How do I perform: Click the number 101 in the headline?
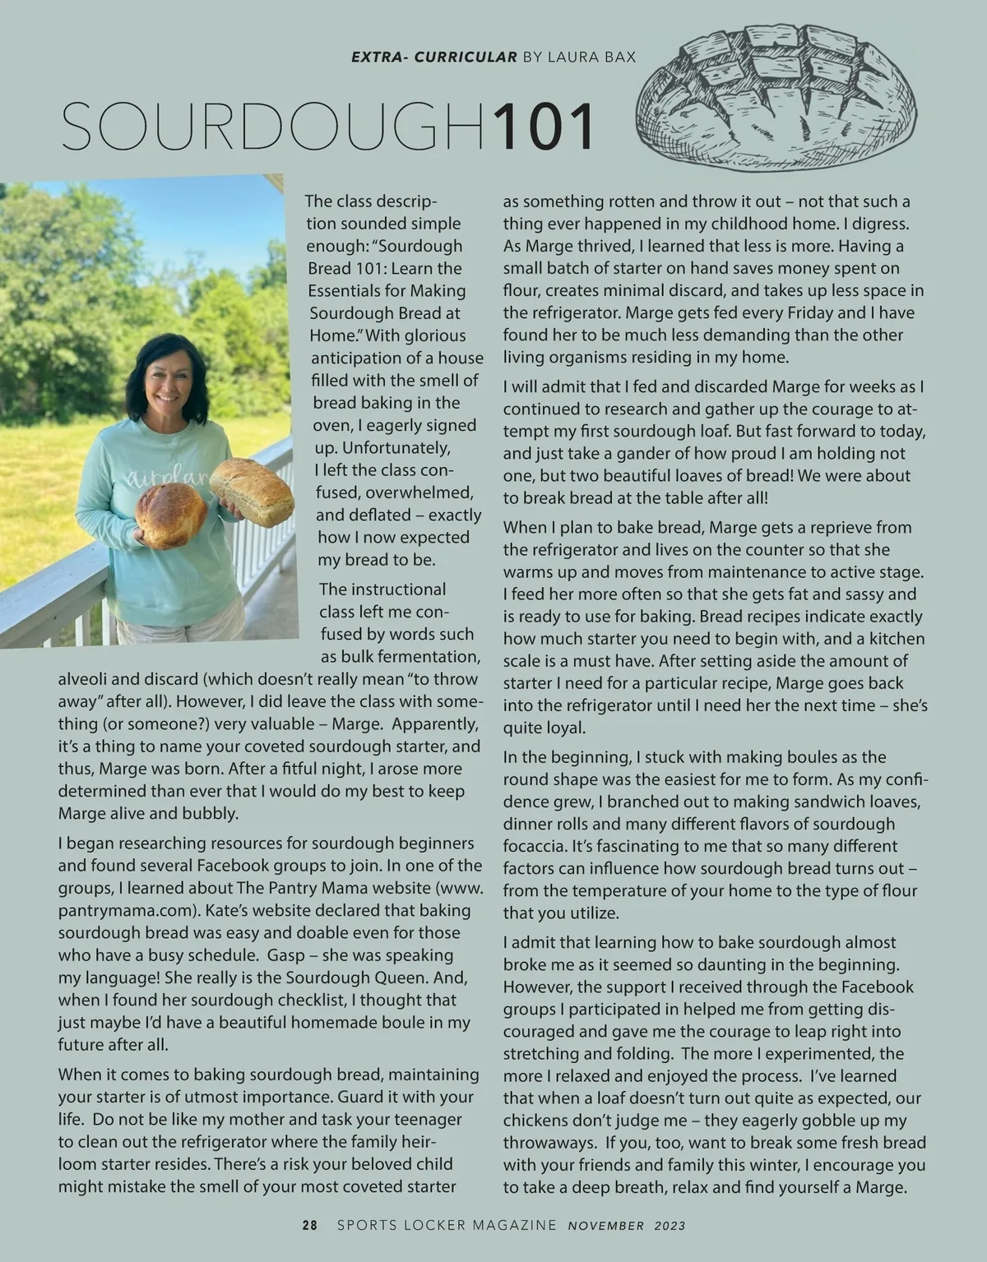pyautogui.click(x=543, y=127)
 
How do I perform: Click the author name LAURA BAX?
pyautogui.click(x=591, y=58)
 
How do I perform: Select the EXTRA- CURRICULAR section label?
pyautogui.click(x=434, y=58)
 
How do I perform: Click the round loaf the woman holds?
pyautogui.click(x=171, y=515)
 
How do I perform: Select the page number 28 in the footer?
pyautogui.click(x=309, y=1225)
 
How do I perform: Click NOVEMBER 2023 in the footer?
pyautogui.click(x=627, y=1225)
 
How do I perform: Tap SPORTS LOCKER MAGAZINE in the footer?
pyautogui.click(x=447, y=1225)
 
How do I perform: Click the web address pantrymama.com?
pyautogui.click(x=123, y=911)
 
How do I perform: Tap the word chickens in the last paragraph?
pyautogui.click(x=538, y=1121)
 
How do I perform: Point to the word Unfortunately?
pyautogui.click(x=383, y=448)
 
